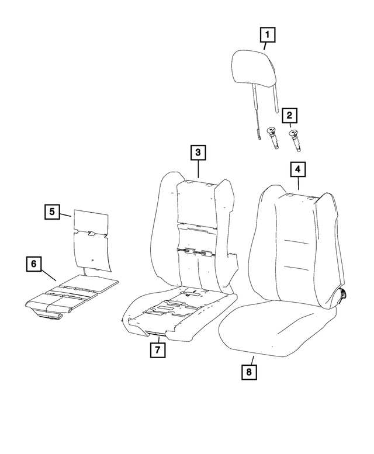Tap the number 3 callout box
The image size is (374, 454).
pos(198,153)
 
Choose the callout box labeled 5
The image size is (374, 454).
pos(52,212)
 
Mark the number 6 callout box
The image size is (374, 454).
pos(34,264)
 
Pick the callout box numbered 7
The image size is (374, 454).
pos(157,350)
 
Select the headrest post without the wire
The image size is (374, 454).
pos(276,99)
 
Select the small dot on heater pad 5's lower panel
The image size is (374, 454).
pos(92,257)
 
